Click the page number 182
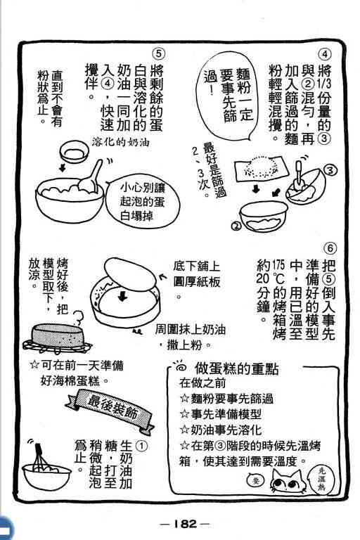coord(184,524)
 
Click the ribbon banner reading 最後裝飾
coord(111,408)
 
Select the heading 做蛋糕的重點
coord(237,368)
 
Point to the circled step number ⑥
coord(330,248)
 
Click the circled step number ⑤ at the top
coord(158,53)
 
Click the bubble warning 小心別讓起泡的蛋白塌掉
coord(143,202)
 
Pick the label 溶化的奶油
coord(120,141)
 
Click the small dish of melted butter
coord(73,152)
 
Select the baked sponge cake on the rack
coord(58,335)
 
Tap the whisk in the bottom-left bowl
coord(41,457)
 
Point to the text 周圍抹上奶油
coord(190,330)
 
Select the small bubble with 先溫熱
coord(322,479)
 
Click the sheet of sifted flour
coord(262,168)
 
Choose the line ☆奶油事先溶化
coord(221,430)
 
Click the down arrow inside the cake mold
coord(122,297)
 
